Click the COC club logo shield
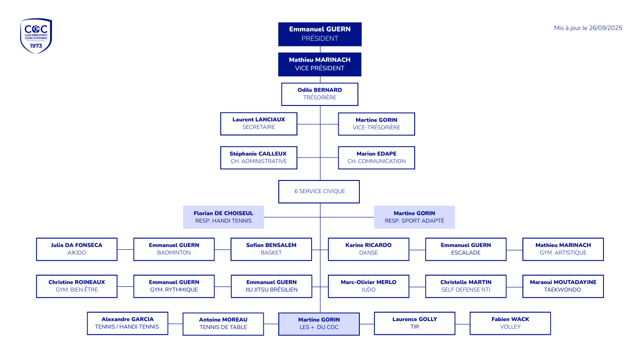click(36, 36)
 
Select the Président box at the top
click(320, 34)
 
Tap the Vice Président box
click(320, 64)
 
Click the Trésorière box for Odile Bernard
click(320, 94)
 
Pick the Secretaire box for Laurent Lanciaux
click(259, 124)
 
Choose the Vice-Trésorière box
click(377, 124)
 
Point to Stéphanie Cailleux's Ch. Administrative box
click(259, 157)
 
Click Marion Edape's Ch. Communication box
click(377, 157)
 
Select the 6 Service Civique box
click(320, 192)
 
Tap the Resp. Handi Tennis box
click(223, 217)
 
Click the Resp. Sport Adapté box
click(415, 217)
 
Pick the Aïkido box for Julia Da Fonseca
click(77, 249)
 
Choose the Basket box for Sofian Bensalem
click(271, 249)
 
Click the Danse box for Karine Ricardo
click(369, 249)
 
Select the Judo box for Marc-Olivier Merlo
click(369, 286)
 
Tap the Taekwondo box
click(563, 286)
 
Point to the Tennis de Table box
click(223, 324)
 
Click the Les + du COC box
click(319, 324)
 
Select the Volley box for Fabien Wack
click(510, 323)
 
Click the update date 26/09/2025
click(588, 28)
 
